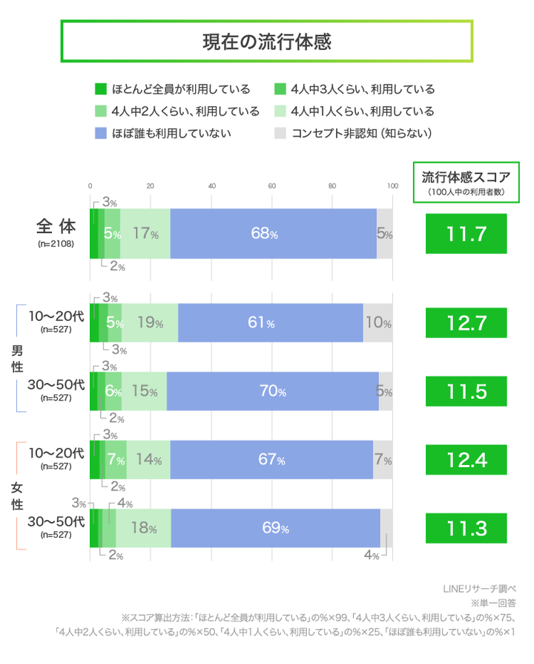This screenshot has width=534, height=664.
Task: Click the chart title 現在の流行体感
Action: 266,42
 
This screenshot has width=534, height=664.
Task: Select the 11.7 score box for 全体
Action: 466,234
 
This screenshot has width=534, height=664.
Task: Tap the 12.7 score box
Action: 466,323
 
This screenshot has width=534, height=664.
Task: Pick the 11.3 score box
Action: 466,528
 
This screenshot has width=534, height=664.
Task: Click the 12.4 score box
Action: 466,460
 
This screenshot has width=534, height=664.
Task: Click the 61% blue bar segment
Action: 271,323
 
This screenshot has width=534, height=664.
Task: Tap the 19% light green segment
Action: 150,323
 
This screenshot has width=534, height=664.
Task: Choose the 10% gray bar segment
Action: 378,323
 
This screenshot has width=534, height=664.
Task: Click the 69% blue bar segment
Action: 275,528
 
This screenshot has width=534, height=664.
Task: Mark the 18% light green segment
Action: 144,528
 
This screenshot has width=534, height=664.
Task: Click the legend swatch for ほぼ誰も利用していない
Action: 101,134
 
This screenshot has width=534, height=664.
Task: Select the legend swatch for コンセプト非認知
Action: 280,134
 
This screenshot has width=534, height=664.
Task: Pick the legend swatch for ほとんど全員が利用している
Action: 101,89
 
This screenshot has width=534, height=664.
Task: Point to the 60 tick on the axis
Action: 271,186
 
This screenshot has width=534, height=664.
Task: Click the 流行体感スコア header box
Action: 466,182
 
